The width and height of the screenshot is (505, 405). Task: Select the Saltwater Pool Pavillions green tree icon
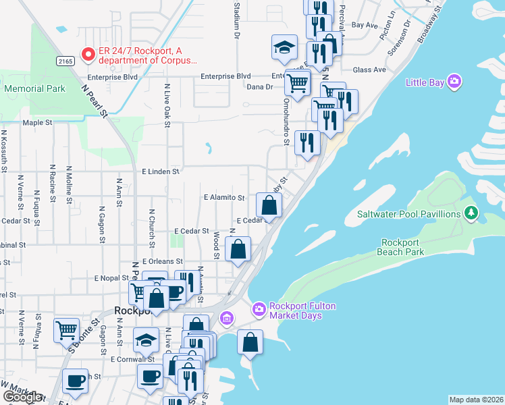[x=472, y=214]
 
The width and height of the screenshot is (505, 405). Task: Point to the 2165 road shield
[x=65, y=61]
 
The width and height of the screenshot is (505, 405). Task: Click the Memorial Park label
[x=34, y=88]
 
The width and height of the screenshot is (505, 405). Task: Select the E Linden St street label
[x=161, y=171]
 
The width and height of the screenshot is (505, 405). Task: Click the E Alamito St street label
[x=223, y=198]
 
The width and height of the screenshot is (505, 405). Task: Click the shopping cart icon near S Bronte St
[x=67, y=331]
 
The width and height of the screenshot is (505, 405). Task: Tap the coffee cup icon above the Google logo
[x=75, y=380]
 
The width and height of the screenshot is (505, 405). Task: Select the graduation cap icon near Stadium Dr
[x=284, y=47]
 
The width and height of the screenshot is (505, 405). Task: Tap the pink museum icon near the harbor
[x=226, y=317]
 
